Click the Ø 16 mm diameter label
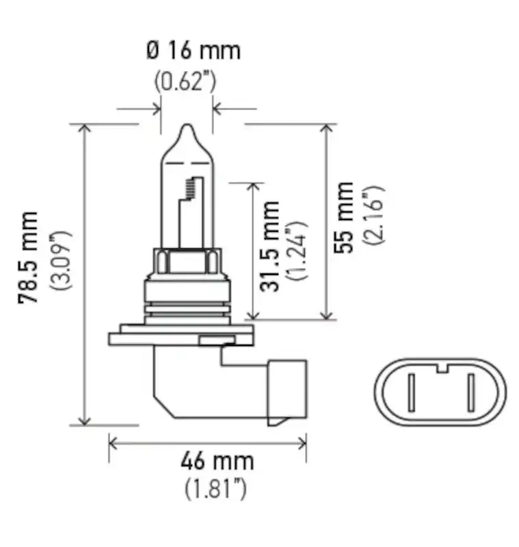tap(194, 51)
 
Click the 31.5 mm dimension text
tap(270, 245)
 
